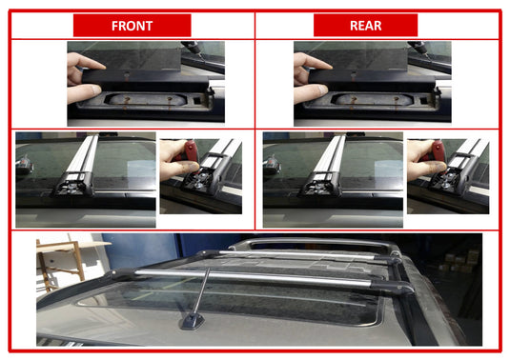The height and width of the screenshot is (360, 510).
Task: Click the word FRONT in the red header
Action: [x=133, y=26]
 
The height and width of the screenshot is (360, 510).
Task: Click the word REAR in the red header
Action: [x=366, y=26]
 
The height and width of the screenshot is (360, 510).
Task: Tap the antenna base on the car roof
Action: [x=193, y=321]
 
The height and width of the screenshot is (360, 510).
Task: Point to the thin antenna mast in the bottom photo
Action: [x=202, y=290]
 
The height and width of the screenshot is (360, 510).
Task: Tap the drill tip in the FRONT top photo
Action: [x=201, y=57]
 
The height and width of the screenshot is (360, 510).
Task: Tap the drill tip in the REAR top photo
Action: [x=428, y=57]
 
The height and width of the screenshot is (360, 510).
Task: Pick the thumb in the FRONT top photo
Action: [x=84, y=93]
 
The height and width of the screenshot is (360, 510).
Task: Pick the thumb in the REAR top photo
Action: [x=311, y=93]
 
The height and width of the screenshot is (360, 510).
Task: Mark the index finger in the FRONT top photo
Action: [x=86, y=61]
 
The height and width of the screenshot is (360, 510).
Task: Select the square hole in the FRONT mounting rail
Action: [x=196, y=99]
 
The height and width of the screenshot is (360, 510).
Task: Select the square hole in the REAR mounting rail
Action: [x=423, y=99]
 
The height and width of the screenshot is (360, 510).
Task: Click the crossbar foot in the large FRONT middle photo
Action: [x=73, y=185]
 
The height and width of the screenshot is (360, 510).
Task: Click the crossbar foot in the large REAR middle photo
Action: [x=321, y=185]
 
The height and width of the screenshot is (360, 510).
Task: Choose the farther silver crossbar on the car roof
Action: [x=296, y=254]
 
